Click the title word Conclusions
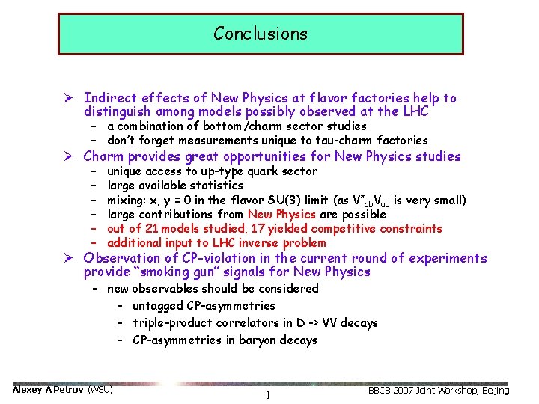coord(260,34)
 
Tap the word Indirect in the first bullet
coord(109,98)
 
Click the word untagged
coord(156,305)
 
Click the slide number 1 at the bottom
coord(267,395)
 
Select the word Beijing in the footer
coord(493,391)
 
